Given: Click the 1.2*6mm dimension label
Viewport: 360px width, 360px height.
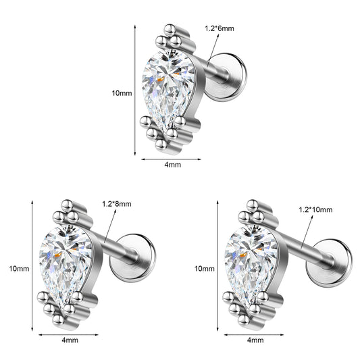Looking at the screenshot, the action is [x=220, y=28].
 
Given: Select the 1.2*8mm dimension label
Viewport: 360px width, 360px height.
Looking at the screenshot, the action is [x=117, y=204].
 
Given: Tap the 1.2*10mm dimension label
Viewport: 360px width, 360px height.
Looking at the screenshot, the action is [x=315, y=209].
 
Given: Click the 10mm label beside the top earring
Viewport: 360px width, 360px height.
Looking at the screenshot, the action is [x=122, y=93].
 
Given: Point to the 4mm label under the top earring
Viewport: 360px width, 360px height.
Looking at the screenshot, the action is [x=173, y=165].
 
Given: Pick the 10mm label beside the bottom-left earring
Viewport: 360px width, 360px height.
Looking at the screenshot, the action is [x=19, y=269].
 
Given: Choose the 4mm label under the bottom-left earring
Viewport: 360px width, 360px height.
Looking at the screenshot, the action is [x=70, y=340].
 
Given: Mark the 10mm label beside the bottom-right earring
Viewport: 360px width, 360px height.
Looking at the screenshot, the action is [x=205, y=269].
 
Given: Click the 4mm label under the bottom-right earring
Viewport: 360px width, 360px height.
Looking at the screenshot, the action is [x=255, y=340].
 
